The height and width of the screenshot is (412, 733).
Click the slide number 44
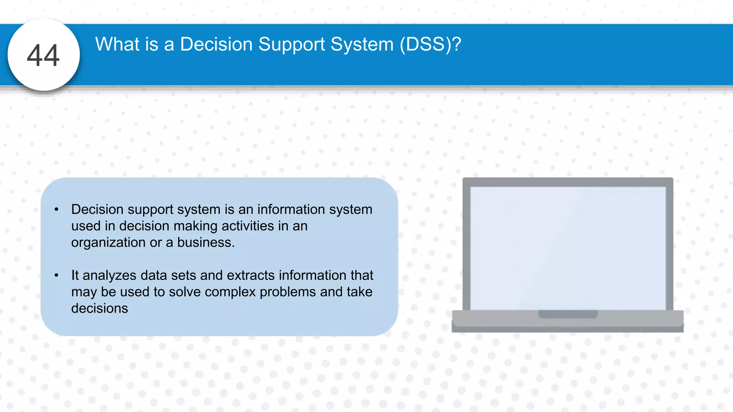[x=43, y=55]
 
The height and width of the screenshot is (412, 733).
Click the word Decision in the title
[x=216, y=44]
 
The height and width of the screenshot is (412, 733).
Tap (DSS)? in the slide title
[x=431, y=44]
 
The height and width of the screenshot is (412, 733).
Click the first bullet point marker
[x=56, y=210]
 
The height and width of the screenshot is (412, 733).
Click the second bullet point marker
[x=56, y=275]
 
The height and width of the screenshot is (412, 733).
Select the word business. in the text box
[x=206, y=242]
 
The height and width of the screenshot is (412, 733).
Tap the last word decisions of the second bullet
[x=99, y=308]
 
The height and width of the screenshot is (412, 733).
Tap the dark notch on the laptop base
[x=568, y=314]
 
